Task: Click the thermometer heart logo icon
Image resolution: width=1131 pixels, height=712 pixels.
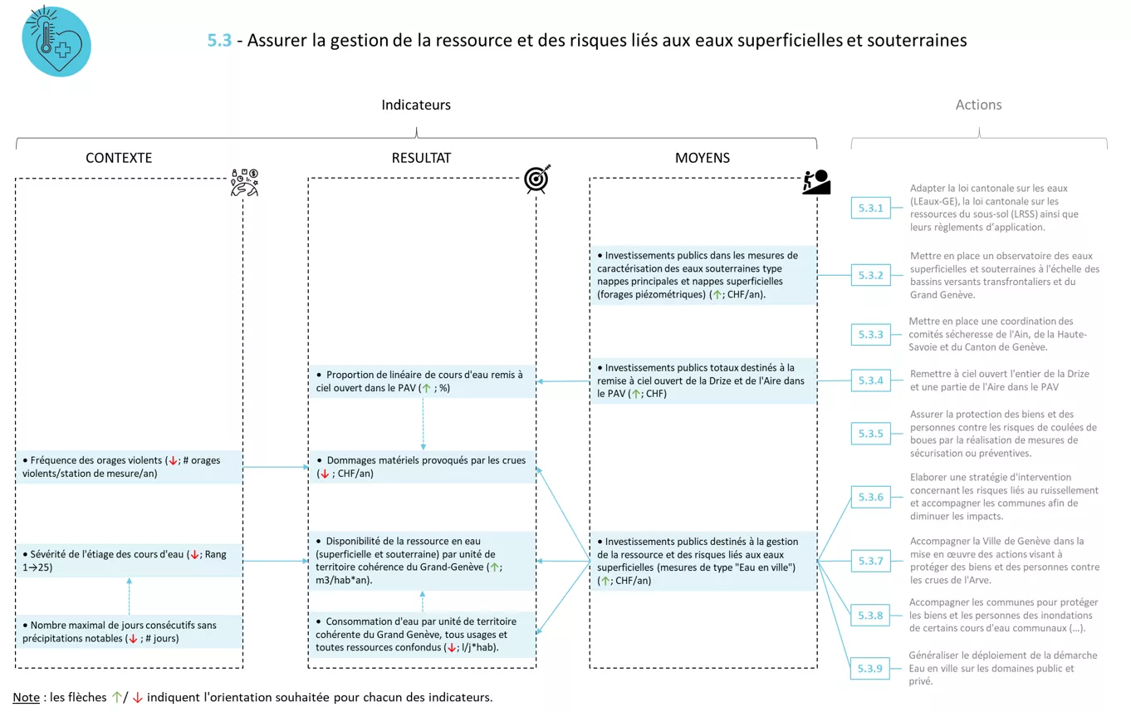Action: pos(56,42)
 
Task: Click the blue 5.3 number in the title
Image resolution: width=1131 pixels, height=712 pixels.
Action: pos(219,40)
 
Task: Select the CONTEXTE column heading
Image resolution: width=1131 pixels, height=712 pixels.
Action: pos(119,158)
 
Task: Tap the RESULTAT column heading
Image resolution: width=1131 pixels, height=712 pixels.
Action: pos(421,158)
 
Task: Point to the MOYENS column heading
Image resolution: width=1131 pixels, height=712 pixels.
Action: pos(702,158)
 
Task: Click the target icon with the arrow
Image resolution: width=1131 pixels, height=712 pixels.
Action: pos(537,179)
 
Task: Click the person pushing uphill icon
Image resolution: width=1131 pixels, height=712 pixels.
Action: pos(816,182)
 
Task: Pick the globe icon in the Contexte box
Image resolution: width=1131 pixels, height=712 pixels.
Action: pos(244,183)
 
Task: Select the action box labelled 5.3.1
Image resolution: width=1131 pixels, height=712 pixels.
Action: pos(870,208)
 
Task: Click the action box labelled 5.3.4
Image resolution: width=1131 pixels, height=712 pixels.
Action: pos(870,381)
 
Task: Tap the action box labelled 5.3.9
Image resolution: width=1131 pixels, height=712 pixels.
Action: pos(870,669)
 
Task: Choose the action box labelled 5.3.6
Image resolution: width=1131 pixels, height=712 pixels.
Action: pos(870,497)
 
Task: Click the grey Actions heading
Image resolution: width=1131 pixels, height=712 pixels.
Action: pos(978,105)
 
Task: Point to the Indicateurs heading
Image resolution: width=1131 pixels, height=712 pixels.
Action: pos(416,105)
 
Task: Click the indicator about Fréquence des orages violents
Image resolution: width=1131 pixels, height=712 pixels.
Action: pos(130,467)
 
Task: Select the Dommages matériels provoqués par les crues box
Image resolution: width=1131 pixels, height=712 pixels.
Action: pos(422,467)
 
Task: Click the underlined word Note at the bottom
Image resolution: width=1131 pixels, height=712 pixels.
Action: pos(26,697)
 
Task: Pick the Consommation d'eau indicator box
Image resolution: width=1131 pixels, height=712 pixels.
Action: pos(422,635)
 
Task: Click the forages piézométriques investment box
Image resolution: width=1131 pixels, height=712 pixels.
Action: pos(703,275)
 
